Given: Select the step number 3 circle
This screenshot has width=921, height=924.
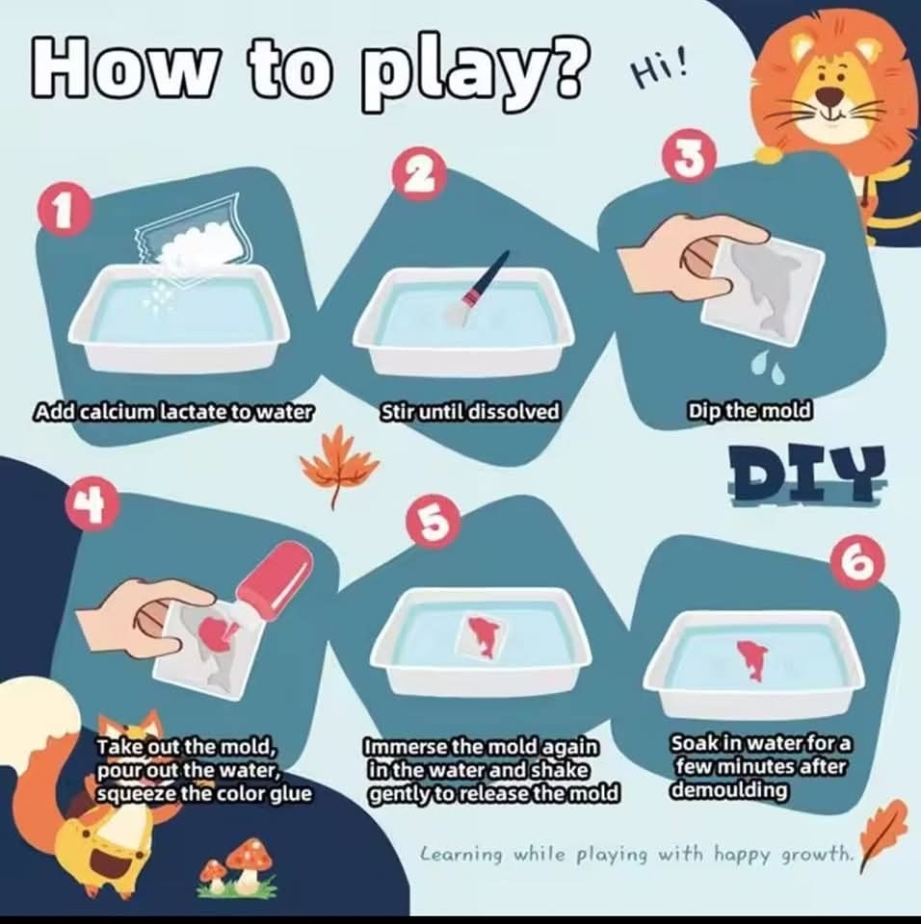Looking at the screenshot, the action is point(691,158).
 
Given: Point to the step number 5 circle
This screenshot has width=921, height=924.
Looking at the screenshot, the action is point(434,521).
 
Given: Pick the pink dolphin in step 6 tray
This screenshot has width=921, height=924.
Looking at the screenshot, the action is point(751,661).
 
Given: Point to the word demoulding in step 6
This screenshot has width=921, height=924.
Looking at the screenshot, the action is point(730,789).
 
